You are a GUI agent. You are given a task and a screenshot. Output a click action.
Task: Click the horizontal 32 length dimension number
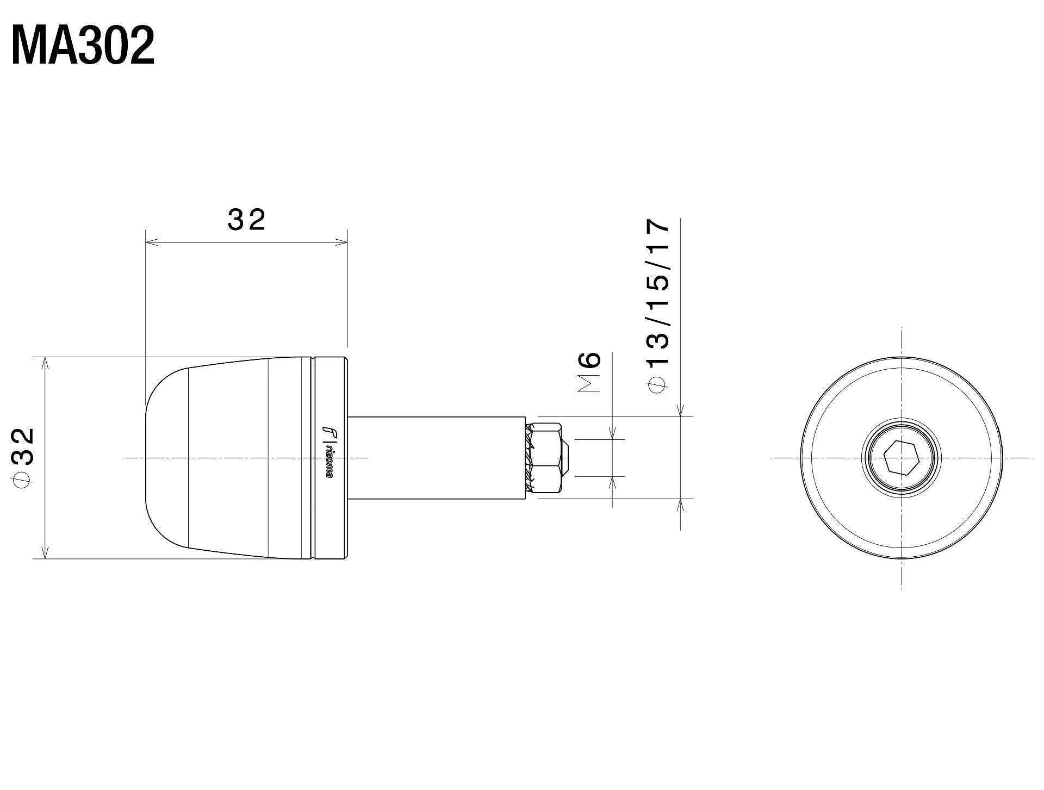(246, 220)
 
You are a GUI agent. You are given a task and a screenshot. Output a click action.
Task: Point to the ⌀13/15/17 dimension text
(658, 304)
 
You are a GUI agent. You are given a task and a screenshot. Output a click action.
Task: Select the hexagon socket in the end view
(902, 457)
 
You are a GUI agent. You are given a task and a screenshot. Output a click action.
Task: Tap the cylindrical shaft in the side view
(435, 457)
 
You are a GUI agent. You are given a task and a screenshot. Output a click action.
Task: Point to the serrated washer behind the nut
(530, 457)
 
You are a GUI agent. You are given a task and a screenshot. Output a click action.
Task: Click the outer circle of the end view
(803, 457)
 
